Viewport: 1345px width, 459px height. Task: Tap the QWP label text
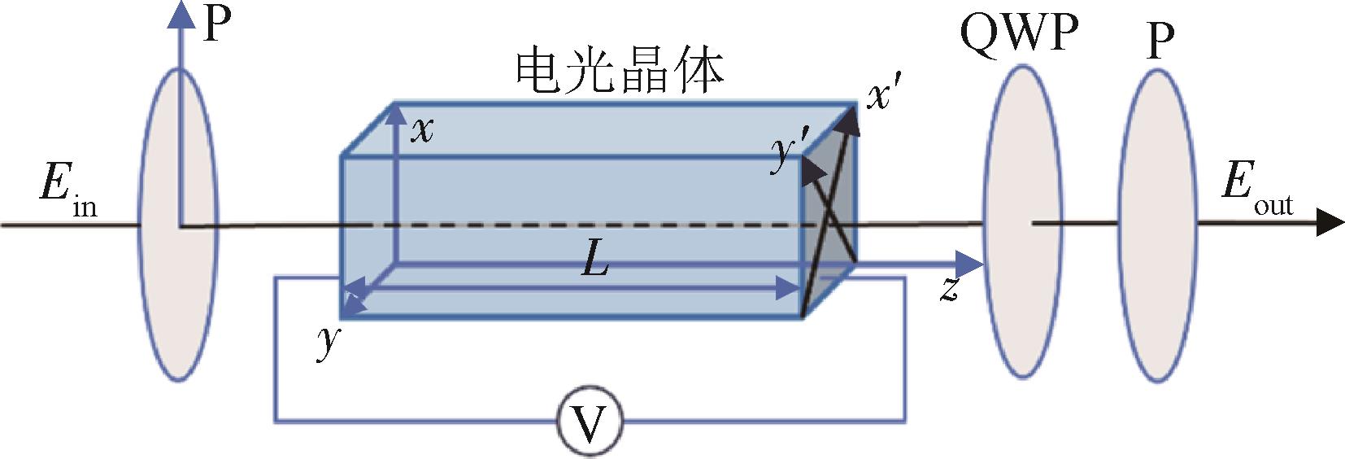(x=1020, y=34)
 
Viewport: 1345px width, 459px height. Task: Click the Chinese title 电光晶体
(x=620, y=72)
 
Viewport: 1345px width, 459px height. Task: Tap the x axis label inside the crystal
(x=421, y=129)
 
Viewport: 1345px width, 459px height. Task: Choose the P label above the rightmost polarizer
(x=1160, y=41)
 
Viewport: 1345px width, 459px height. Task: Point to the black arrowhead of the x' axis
(x=850, y=119)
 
